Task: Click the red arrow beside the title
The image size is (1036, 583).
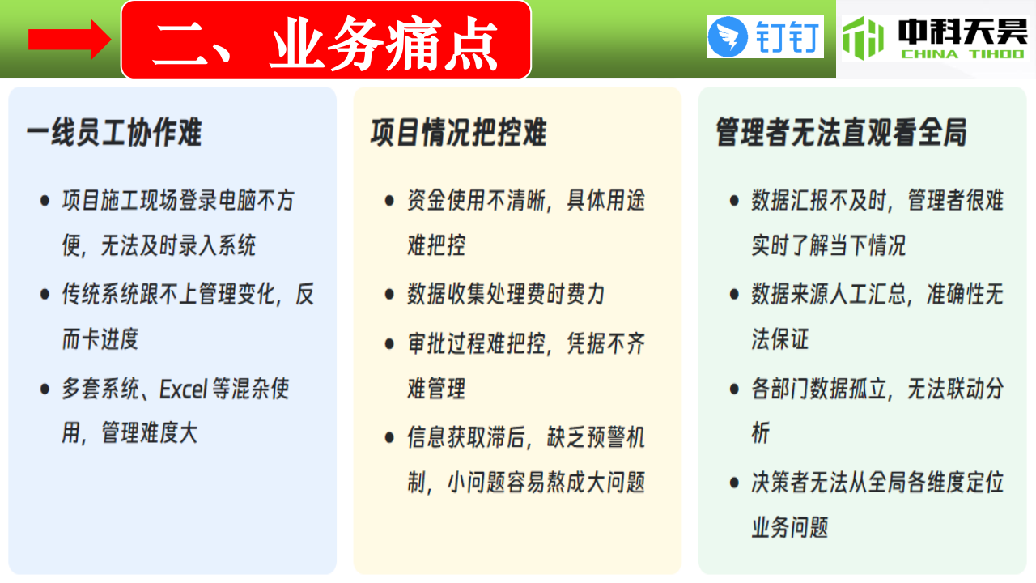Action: point(70,40)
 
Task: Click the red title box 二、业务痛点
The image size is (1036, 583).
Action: point(326,40)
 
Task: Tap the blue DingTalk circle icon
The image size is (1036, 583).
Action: point(728,37)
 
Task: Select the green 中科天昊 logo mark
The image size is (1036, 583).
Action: point(863,38)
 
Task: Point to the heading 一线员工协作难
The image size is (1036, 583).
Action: point(114,132)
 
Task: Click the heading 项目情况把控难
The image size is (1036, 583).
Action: point(458,132)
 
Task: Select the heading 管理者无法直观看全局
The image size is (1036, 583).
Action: point(841,132)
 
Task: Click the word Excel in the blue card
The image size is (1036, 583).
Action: point(184,389)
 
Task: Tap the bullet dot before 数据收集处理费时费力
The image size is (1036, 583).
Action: point(389,294)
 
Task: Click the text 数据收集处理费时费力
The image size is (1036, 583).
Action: point(506,294)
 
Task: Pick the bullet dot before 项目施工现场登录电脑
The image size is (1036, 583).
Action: point(45,201)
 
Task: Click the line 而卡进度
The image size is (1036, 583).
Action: point(100,338)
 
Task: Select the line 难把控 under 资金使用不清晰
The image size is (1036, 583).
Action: point(436,245)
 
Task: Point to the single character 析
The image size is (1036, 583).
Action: point(761,432)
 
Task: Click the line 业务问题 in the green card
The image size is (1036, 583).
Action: point(790,527)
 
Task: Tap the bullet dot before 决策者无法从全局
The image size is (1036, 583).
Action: point(734,483)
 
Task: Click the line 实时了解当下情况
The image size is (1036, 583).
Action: point(828,245)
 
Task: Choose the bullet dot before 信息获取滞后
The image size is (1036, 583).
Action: point(389,438)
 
